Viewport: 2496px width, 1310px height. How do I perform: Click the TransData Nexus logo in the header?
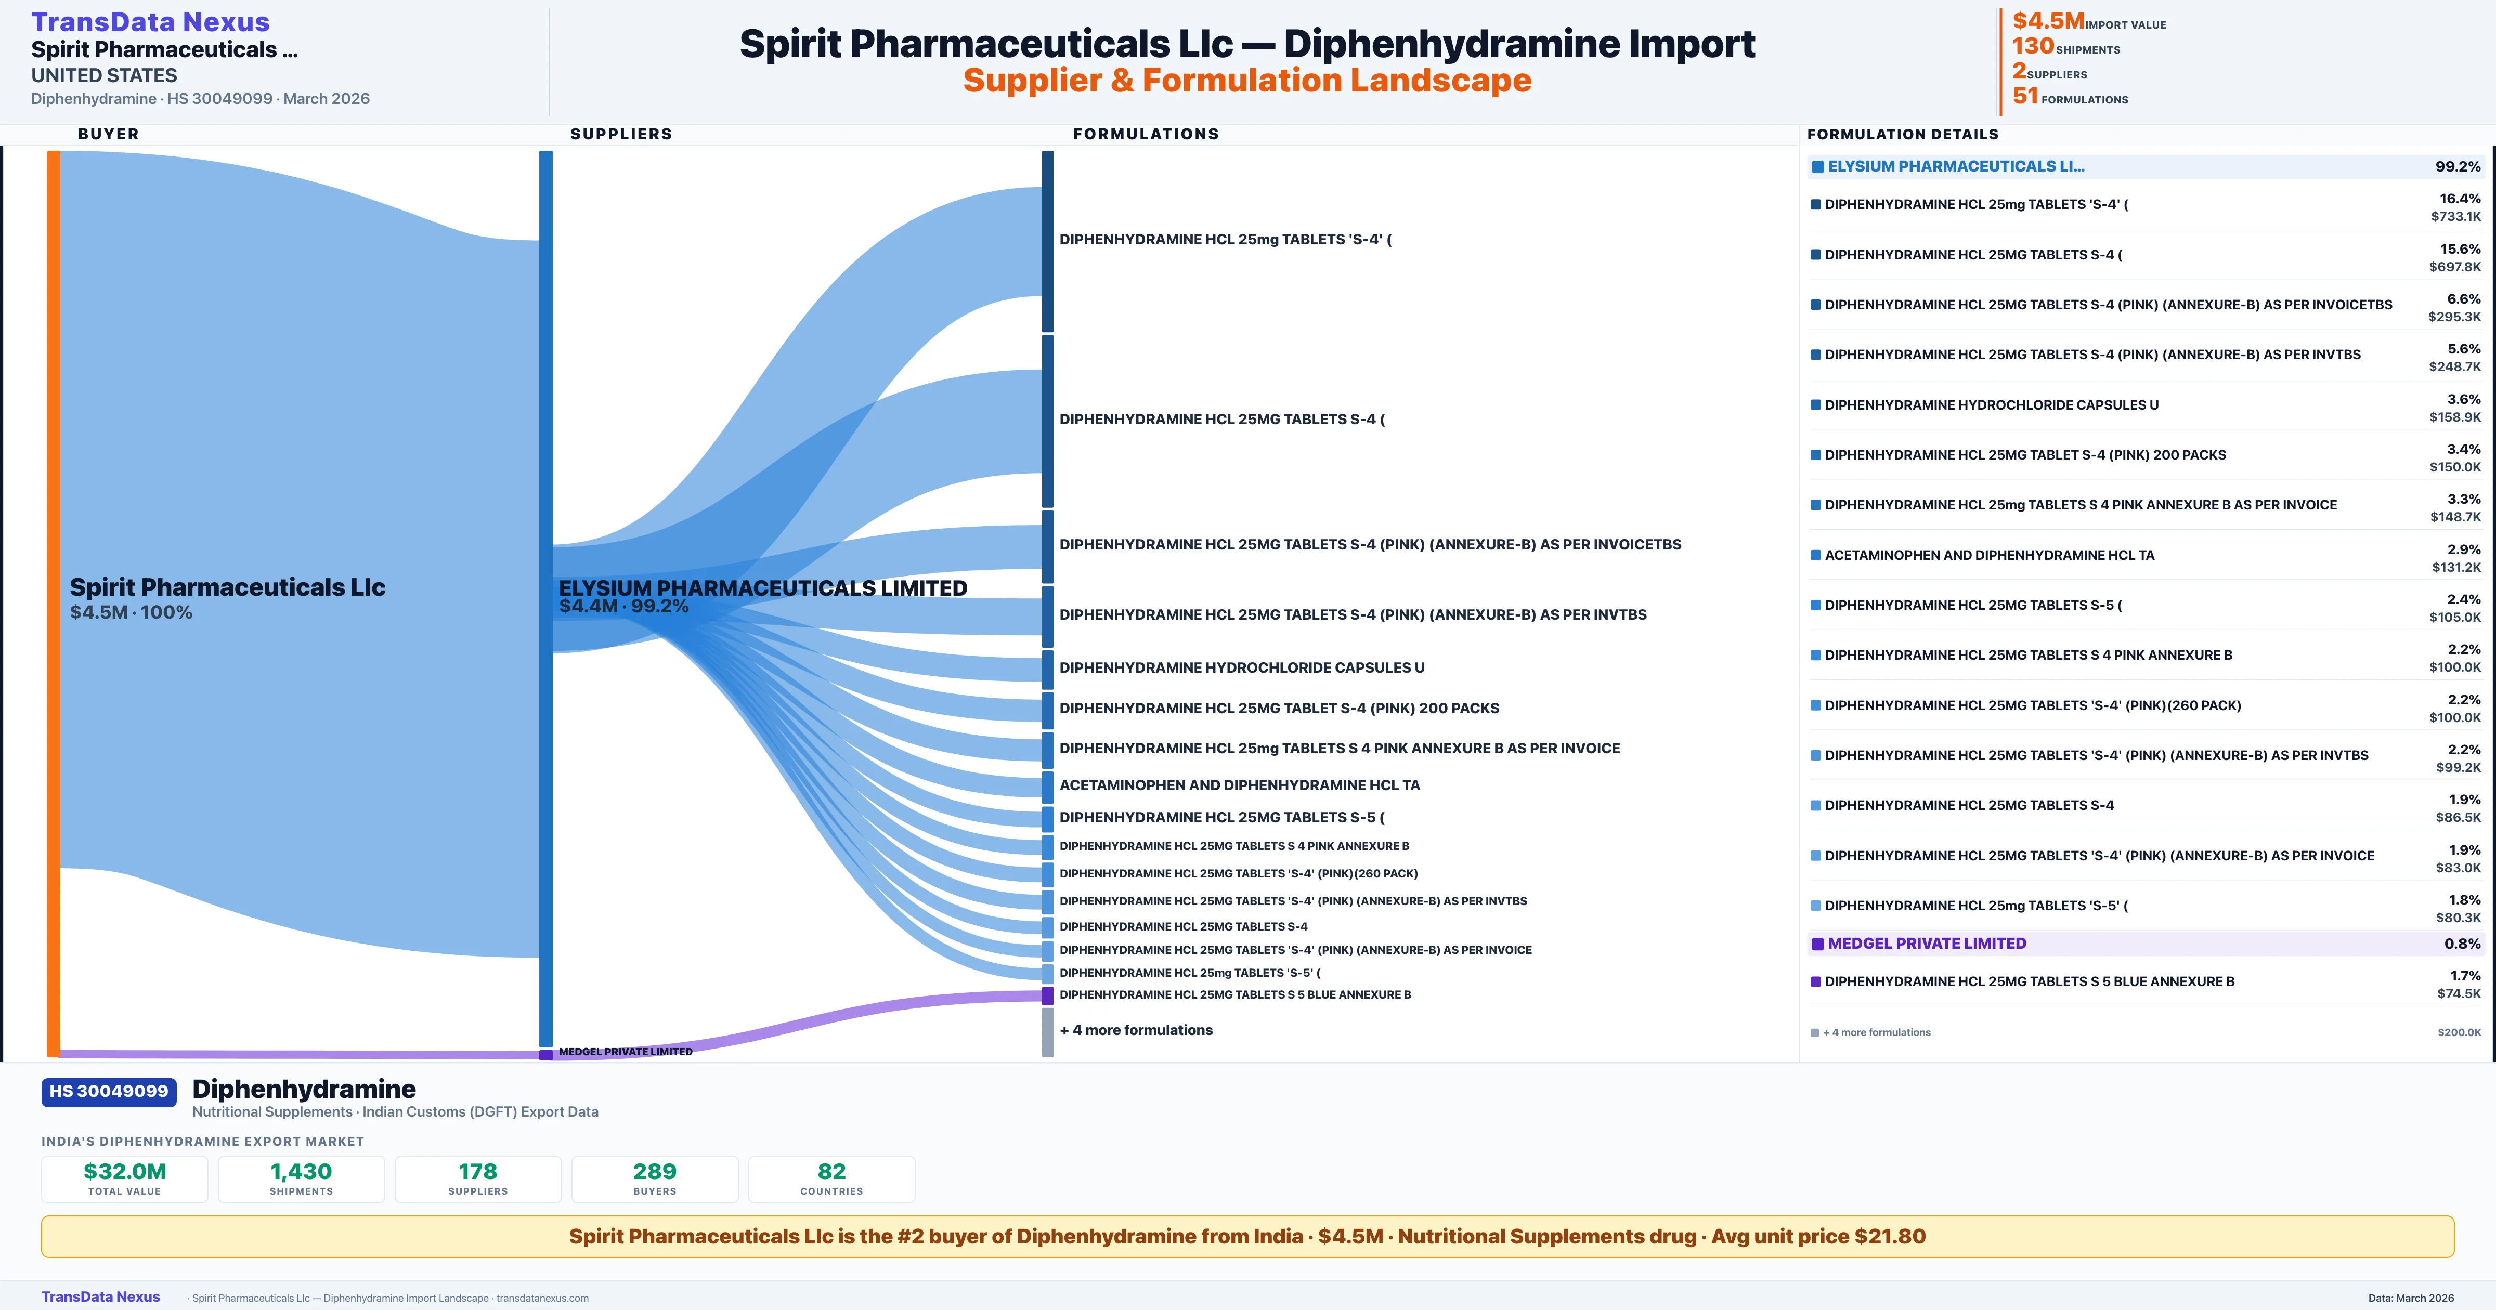pos(150,22)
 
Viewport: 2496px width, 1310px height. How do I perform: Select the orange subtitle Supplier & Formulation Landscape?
pos(1247,81)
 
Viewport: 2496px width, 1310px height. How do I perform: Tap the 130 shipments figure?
pos(2033,46)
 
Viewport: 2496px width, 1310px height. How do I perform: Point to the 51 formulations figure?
pos(2025,96)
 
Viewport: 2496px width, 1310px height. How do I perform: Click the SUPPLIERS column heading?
pos(621,134)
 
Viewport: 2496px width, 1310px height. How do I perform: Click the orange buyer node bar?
pos(53,601)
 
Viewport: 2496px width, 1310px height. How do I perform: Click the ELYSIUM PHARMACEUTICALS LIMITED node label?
pos(762,588)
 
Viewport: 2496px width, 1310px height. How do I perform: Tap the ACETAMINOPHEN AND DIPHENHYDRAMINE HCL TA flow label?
pos(1239,785)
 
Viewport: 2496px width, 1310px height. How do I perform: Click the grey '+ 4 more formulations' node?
pos(1047,1032)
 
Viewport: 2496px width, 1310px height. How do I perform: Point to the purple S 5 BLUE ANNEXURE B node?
pos(1047,995)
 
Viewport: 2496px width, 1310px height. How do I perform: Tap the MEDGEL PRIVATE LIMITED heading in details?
pos(1926,944)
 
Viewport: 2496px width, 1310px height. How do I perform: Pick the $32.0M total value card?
pos(125,1178)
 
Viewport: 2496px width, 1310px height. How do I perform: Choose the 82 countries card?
pos(831,1178)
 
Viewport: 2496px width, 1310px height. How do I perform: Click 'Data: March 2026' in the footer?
pos(2411,1298)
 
